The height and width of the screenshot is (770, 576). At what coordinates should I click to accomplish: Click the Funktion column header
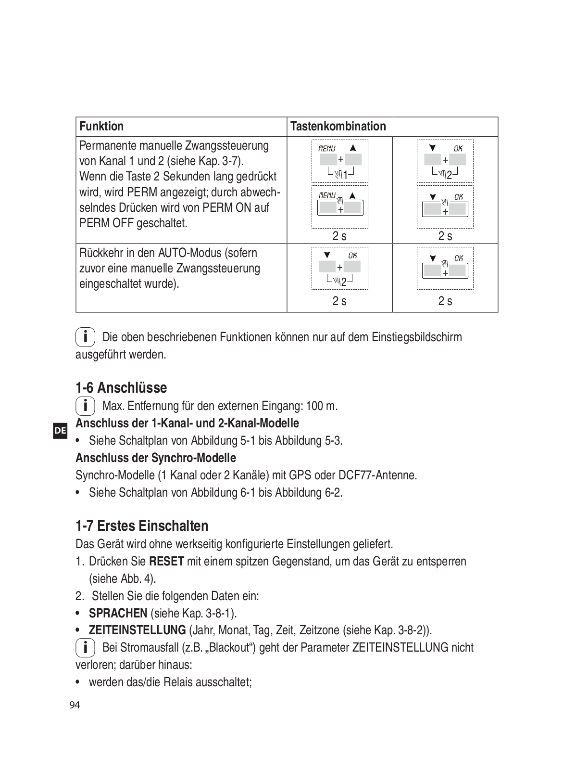pos(101,127)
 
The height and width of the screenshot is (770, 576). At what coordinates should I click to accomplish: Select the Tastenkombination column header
pos(338,127)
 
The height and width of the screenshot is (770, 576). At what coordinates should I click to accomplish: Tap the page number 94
pos(75,706)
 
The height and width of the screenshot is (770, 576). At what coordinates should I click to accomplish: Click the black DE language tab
pos(60,431)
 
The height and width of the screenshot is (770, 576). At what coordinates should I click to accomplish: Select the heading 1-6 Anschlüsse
pos(121,388)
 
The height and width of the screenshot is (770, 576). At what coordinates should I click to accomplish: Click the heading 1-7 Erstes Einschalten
pos(142,526)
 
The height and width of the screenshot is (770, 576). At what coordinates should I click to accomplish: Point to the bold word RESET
pos(166,562)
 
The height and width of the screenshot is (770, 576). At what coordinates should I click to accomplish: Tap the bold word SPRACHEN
pos(118,614)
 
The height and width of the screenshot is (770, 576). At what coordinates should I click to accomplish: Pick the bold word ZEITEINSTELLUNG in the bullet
pos(137,630)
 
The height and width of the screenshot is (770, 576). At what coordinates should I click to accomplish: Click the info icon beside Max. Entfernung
pos(85,406)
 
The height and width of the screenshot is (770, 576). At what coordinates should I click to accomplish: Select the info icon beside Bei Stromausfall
pos(85,648)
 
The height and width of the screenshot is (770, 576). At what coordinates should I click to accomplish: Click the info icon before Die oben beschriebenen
pos(85,337)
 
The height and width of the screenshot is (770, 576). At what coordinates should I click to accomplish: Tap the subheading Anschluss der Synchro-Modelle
pos(156,458)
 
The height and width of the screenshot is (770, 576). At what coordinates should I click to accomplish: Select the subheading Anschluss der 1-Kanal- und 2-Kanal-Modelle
pos(187,423)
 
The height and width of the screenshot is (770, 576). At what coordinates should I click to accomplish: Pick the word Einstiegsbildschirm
pos(416,337)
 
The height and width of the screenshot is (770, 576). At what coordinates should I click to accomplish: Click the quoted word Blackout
pos(229,648)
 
